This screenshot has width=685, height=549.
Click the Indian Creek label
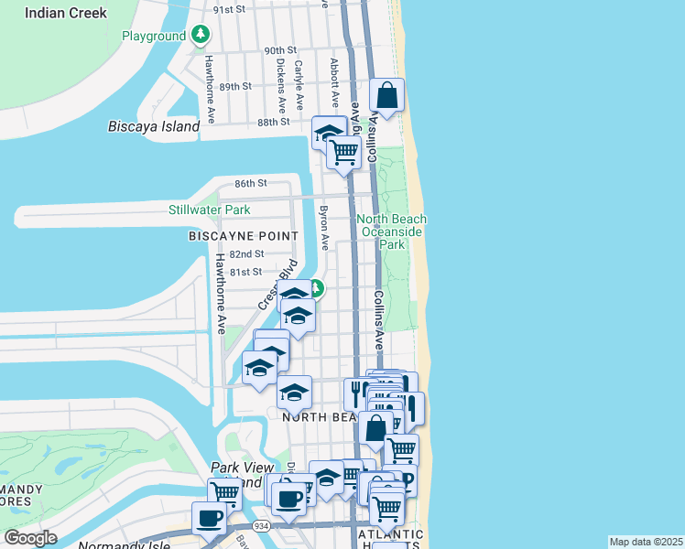(x=66, y=13)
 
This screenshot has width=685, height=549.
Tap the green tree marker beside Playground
(x=201, y=36)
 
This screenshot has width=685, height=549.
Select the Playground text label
(x=154, y=37)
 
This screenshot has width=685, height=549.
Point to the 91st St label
(x=230, y=9)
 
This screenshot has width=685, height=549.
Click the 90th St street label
(x=281, y=50)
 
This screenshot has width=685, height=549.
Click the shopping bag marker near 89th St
(x=387, y=95)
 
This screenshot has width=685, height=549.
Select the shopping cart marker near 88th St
(x=343, y=152)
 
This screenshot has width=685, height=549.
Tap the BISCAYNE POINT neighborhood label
(x=243, y=236)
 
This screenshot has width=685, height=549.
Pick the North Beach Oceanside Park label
(x=392, y=231)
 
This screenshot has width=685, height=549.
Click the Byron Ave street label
(x=323, y=228)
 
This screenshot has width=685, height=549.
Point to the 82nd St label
(x=246, y=253)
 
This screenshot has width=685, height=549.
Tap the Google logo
(x=31, y=538)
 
